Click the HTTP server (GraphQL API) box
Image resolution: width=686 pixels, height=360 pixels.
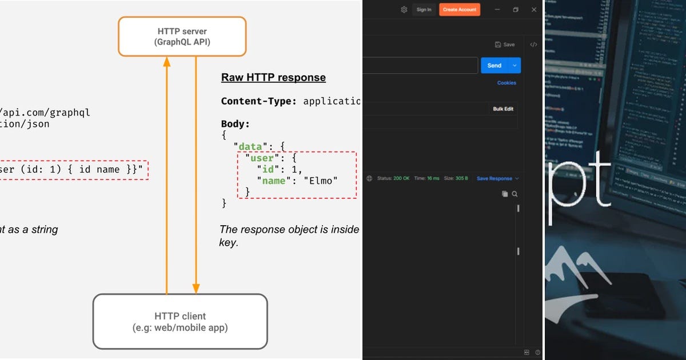pos(182,37)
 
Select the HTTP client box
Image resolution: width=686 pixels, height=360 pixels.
pos(180,322)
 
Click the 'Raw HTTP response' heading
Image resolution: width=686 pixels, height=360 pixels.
pos(273,78)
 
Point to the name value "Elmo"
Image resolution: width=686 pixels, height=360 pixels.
pos(321,181)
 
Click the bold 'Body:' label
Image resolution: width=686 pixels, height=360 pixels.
pos(236,124)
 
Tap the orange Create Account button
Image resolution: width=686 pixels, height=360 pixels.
pos(460,10)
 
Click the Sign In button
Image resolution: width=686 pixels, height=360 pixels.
pos(424,10)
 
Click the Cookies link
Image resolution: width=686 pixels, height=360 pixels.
pos(506,83)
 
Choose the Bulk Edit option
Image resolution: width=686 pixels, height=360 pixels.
pos(503,109)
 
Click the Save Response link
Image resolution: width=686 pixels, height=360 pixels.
pos(494,178)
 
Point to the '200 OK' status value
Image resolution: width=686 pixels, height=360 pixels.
pos(401,178)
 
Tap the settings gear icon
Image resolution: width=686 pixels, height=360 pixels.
pos(404,10)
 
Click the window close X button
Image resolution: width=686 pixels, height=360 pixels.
pos(534,10)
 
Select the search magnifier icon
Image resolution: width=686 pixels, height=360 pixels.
pos(514,194)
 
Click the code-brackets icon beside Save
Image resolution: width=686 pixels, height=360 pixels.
pos(533,45)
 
